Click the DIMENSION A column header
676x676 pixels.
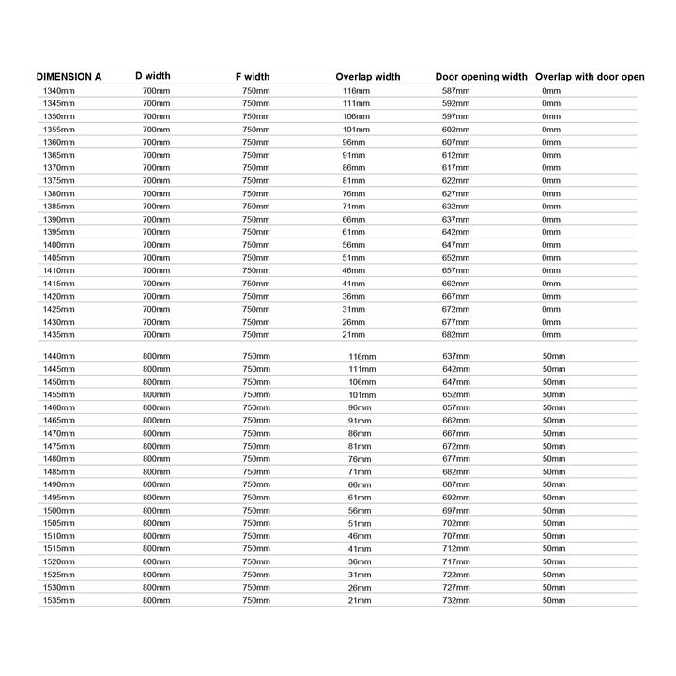tap(69, 76)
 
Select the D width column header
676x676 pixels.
tap(153, 75)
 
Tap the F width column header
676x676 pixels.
tap(253, 76)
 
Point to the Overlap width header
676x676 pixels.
tap(367, 76)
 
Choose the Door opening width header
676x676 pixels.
tap(481, 76)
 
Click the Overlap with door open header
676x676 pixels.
tap(590, 76)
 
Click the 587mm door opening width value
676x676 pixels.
tap(455, 91)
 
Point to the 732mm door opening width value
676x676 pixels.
tap(455, 600)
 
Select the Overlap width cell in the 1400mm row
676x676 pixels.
tap(353, 244)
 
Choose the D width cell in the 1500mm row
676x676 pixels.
tap(156, 510)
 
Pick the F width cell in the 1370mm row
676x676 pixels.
tap(255, 167)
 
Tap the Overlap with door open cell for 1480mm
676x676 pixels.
tap(554, 459)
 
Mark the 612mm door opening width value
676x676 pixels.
tap(455, 155)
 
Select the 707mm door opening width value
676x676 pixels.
tap(455, 536)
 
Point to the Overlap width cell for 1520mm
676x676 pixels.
tap(360, 561)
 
